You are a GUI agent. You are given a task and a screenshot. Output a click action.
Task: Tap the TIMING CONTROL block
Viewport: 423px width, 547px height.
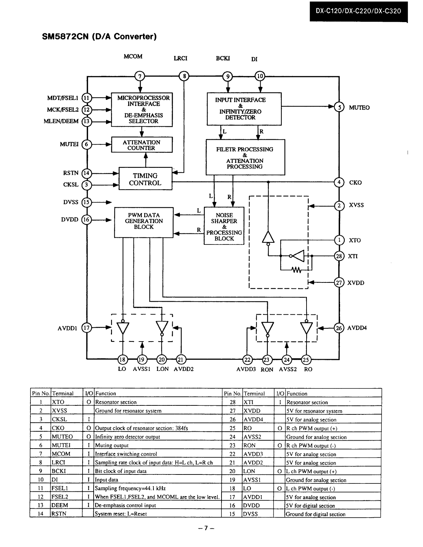pos(145,180)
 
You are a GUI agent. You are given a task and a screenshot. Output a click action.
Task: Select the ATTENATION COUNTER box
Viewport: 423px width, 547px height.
pos(142,145)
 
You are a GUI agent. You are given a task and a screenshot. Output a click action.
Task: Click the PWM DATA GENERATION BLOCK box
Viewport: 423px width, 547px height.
pos(144,222)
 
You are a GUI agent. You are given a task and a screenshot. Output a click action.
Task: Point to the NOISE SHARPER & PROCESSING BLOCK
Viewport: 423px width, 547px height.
pos(224,226)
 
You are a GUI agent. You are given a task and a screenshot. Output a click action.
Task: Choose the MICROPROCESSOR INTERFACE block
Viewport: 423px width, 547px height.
pos(142,109)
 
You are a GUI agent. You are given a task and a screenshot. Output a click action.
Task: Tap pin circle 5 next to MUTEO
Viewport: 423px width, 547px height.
pos(340,107)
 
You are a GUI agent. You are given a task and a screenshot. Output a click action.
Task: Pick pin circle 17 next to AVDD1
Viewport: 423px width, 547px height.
pos(87,328)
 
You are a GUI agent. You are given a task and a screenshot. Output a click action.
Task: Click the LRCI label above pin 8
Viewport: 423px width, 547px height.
pos(180,58)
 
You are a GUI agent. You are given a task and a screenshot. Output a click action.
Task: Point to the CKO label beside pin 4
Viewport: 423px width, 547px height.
pos(356,182)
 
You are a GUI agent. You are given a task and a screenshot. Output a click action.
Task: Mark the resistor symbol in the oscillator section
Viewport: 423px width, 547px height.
pos(296,269)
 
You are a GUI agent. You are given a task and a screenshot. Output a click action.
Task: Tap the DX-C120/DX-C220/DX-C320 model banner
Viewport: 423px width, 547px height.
pos(358,11)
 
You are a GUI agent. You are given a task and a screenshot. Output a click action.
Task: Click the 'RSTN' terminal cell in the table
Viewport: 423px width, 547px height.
pos(66,514)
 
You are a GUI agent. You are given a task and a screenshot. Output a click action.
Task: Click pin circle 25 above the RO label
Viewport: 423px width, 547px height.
pos(306,360)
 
